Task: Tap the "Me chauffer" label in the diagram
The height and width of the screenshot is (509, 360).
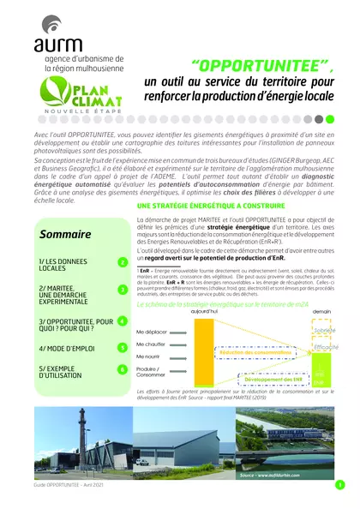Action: (151, 343)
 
